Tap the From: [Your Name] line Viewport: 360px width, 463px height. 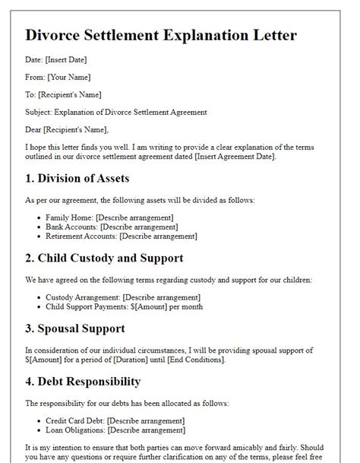point(58,77)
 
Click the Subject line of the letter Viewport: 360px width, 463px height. point(116,112)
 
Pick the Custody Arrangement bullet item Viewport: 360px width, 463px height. point(123,297)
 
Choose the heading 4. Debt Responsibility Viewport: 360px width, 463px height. point(94,382)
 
